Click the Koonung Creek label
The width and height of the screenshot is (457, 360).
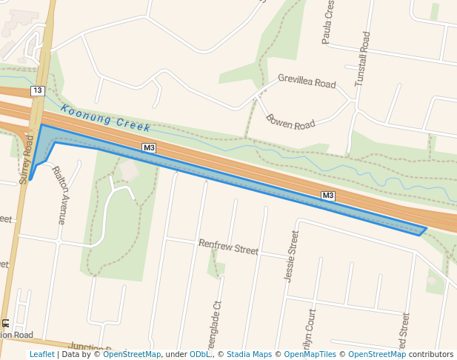point(106,118)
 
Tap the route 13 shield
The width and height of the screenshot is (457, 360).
point(38,90)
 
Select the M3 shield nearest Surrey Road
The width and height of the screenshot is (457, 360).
point(149,148)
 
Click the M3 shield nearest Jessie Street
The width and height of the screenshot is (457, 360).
point(328,196)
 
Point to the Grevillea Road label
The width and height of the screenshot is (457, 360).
point(307,80)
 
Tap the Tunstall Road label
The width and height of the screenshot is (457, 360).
point(361,59)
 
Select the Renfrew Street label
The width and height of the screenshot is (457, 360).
point(228,247)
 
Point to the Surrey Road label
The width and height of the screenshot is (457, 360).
point(27,159)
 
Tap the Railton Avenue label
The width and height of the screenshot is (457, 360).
point(60,195)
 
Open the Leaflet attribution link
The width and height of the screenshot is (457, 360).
point(41,354)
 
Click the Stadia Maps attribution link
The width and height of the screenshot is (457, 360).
point(249,354)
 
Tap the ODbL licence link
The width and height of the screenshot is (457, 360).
point(200,354)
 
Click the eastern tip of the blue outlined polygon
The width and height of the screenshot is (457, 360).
point(426,229)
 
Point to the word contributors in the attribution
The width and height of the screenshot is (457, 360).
point(430,354)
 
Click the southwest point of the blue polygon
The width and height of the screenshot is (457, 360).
point(30,179)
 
